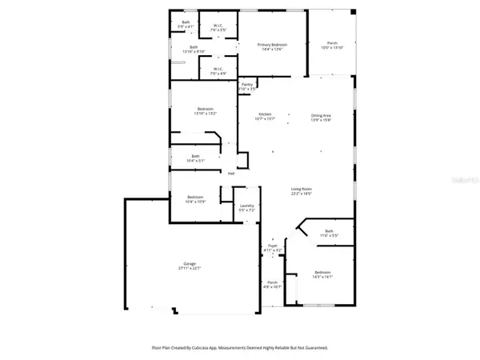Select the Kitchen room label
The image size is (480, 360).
pos(265,115)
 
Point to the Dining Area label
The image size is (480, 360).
pos(322,115)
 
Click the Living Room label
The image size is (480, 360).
pos(301,190)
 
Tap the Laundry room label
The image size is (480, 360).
pos(247,206)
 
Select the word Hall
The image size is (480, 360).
pos(231,174)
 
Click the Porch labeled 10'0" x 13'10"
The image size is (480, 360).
pos(331,45)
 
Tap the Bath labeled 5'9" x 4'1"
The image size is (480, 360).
pos(186,22)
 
